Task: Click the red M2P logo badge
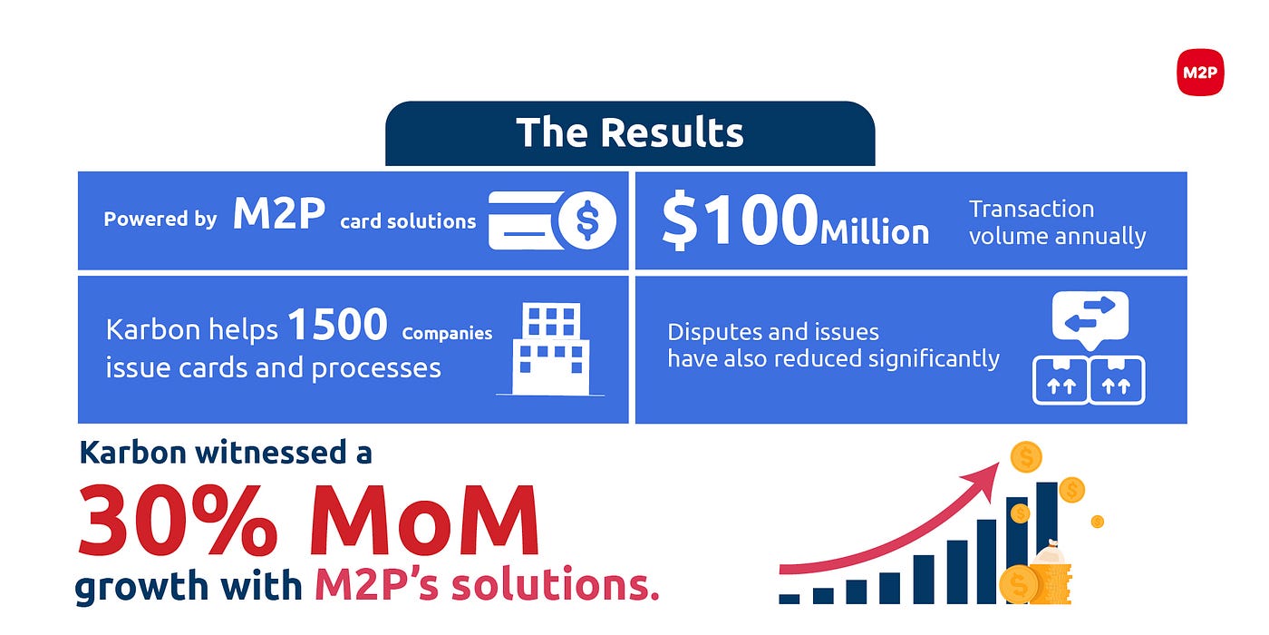click(x=1200, y=72)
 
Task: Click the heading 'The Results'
click(x=629, y=132)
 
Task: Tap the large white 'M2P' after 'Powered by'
click(x=279, y=213)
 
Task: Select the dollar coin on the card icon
click(x=587, y=220)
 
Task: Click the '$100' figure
click(x=740, y=220)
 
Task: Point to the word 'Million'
click(x=874, y=231)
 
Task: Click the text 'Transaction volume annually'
click(x=1057, y=223)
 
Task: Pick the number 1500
click(x=337, y=325)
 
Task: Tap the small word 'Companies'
click(x=447, y=333)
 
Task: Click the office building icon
click(x=551, y=349)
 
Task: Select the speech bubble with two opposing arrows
click(x=1090, y=318)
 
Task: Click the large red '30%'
click(x=178, y=520)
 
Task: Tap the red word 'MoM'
click(x=424, y=520)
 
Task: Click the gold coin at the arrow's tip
click(x=1026, y=457)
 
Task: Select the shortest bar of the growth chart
click(x=789, y=599)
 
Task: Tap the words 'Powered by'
click(x=160, y=219)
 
